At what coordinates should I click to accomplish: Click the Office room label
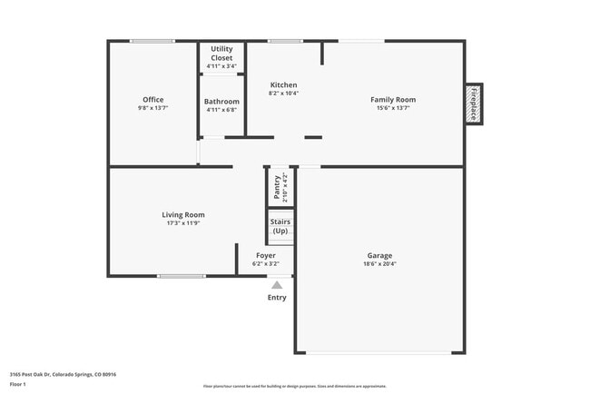coord(152,100)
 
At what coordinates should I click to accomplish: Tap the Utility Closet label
coord(221,54)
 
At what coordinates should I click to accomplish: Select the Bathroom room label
coord(221,102)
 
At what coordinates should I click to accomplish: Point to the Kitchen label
coord(283,85)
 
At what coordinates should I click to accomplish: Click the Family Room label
coord(392,100)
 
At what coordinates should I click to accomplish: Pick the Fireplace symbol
coord(473,103)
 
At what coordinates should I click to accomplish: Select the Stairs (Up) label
coord(280,226)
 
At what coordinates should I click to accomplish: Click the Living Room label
coord(183,215)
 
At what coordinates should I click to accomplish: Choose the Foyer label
coord(265,256)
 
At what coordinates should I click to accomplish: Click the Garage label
coord(379,256)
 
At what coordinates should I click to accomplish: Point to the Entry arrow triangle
coord(277,285)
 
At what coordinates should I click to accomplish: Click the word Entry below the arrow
coord(277,298)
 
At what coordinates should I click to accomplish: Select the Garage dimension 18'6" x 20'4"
coord(379,264)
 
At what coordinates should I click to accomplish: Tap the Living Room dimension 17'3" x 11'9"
coord(183,223)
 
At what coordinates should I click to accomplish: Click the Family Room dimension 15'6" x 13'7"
coord(392,108)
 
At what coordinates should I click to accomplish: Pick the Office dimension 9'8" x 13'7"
coord(152,108)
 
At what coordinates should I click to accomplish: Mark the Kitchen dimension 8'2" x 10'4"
coord(283,94)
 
